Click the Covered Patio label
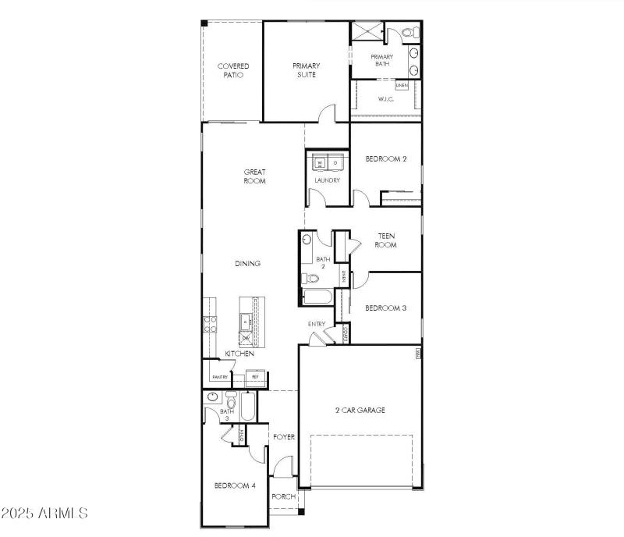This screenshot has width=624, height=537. pyautogui.click(x=232, y=71)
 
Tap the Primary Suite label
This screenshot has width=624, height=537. pyautogui.click(x=307, y=70)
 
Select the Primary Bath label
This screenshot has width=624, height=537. pyautogui.click(x=382, y=60)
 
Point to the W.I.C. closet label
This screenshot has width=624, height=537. pyautogui.click(x=385, y=99)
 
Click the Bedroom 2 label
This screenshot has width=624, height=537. pyautogui.click(x=386, y=158)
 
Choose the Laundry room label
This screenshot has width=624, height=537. pyautogui.click(x=327, y=180)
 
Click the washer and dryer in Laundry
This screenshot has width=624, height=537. pyautogui.click(x=327, y=162)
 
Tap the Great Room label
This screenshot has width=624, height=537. pyautogui.click(x=255, y=176)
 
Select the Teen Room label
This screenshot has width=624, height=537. pyautogui.click(x=387, y=240)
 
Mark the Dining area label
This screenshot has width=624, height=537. pyautogui.click(x=248, y=264)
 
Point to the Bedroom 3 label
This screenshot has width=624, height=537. pyautogui.click(x=386, y=308)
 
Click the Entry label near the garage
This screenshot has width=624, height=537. pyautogui.click(x=317, y=324)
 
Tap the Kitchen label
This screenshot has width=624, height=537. pyautogui.click(x=239, y=354)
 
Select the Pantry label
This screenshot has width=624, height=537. pyautogui.click(x=219, y=377)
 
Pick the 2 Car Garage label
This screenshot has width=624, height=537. pyautogui.click(x=360, y=410)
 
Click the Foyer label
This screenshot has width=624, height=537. pyautogui.click(x=284, y=437)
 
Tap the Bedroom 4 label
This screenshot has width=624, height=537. pyautogui.click(x=235, y=485)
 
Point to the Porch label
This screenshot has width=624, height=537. pyautogui.click(x=282, y=496)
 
